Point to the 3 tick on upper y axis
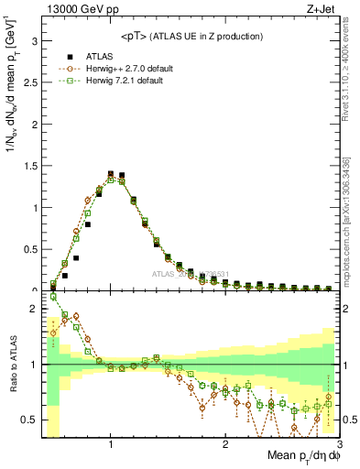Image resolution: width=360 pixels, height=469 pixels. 34,41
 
